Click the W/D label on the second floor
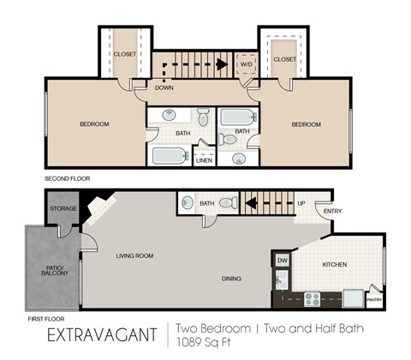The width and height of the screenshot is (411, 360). (x=246, y=63)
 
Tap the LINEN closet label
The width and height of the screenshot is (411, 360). (x=204, y=160)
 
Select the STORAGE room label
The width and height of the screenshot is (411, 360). (x=63, y=208)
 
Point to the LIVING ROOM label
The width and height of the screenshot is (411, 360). (x=134, y=255)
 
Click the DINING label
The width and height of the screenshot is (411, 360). (x=231, y=279)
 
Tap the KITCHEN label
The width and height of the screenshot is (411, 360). (x=335, y=265)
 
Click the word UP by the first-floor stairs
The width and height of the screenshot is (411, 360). (x=301, y=203)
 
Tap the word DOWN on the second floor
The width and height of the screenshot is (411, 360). (x=165, y=87)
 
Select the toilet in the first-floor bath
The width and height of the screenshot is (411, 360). (x=228, y=204)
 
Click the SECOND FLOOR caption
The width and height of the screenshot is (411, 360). (x=68, y=178)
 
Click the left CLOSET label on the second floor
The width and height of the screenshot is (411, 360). (x=125, y=54)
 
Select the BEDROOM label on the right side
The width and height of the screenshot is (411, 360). (x=306, y=124)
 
